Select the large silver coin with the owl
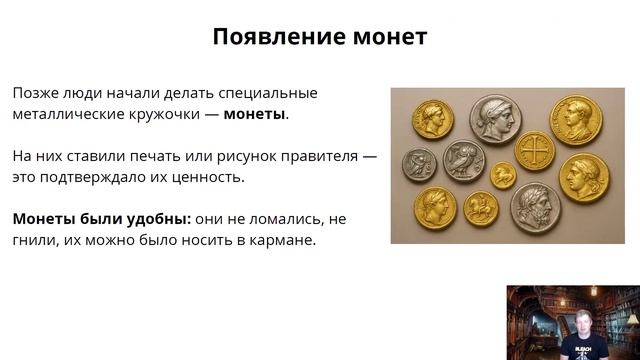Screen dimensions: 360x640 point(463,160)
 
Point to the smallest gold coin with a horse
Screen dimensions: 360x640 point(503,176)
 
